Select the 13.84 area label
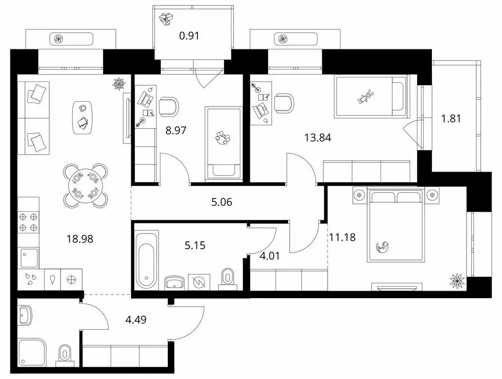316,138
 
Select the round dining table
85,185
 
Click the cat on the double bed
383,246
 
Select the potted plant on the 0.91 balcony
165,19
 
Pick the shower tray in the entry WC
32,351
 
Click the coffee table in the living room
83,117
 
